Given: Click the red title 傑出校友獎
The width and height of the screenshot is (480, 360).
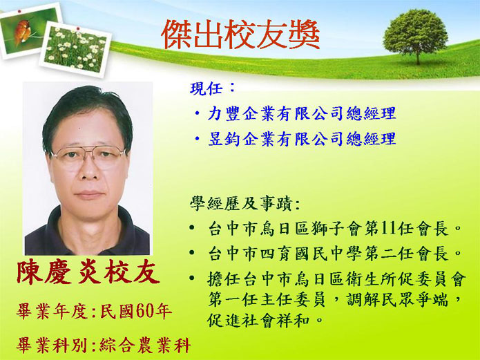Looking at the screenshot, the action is (240, 35).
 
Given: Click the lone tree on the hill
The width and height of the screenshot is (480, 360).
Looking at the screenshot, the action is (415, 36).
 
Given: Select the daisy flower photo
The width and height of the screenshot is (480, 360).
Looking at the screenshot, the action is (75, 49).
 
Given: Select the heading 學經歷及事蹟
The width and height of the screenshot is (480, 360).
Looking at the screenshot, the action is (240, 203).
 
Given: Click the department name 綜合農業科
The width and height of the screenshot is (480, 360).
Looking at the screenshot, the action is (146, 345).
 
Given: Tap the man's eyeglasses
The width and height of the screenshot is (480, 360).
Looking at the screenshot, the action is (87, 157).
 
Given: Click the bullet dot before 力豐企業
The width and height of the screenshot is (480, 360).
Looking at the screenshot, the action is (197, 114).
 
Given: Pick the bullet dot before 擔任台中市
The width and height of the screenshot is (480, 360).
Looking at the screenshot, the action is (192, 278).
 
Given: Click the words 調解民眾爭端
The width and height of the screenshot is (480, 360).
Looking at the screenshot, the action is (398, 300).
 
